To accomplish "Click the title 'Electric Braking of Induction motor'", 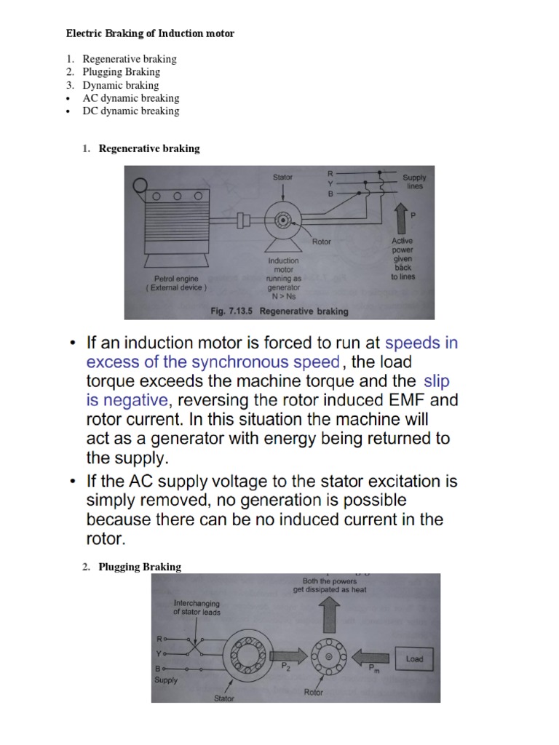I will (x=150, y=33).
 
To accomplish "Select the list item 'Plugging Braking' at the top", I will (x=121, y=72).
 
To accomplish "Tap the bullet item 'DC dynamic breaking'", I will (x=130, y=111).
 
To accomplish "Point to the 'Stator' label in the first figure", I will (x=283, y=177).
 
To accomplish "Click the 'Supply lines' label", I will (x=414, y=181).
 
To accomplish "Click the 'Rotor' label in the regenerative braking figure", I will (x=321, y=242).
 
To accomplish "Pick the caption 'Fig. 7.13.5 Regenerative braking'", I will (x=279, y=311).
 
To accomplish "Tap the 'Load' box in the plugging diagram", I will (x=414, y=659).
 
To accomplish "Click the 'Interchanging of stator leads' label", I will (x=197, y=607).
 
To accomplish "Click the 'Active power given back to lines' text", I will (x=403, y=258).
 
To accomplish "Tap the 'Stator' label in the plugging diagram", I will (x=224, y=698).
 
